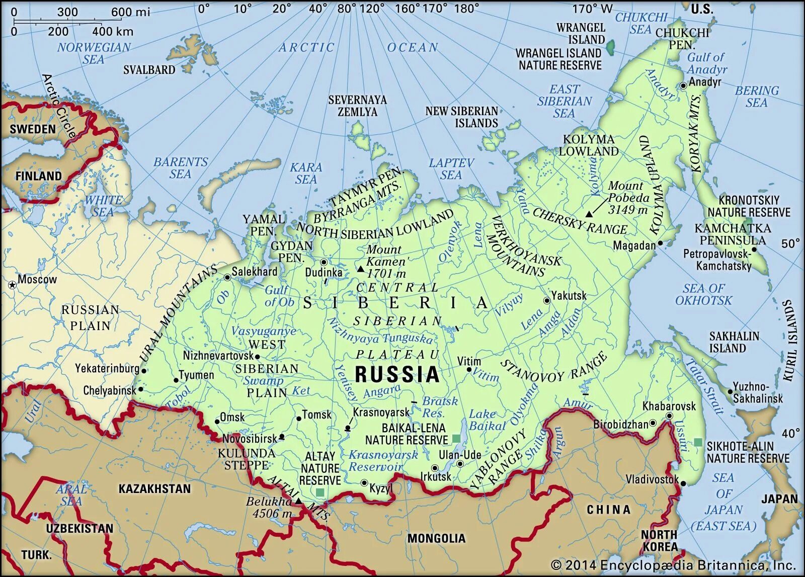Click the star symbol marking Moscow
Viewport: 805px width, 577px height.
click(12, 285)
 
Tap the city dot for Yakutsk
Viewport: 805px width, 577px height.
click(546, 300)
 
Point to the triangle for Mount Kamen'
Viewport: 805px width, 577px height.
click(360, 270)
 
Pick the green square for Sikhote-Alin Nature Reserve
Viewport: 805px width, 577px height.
click(698, 442)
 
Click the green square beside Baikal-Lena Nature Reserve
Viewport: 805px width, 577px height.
click(456, 439)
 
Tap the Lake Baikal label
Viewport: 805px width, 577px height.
click(486, 420)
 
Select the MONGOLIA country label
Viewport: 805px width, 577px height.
click(436, 538)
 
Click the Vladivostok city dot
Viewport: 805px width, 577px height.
click(683, 483)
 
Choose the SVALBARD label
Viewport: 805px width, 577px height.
click(149, 70)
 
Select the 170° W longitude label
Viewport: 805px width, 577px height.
click(592, 9)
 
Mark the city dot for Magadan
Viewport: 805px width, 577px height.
click(660, 243)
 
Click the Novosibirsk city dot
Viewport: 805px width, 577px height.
click(282, 437)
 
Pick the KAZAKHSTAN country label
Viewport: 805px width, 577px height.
click(154, 488)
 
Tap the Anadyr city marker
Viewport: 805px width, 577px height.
click(683, 86)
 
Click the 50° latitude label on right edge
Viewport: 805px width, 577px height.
click(790, 243)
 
